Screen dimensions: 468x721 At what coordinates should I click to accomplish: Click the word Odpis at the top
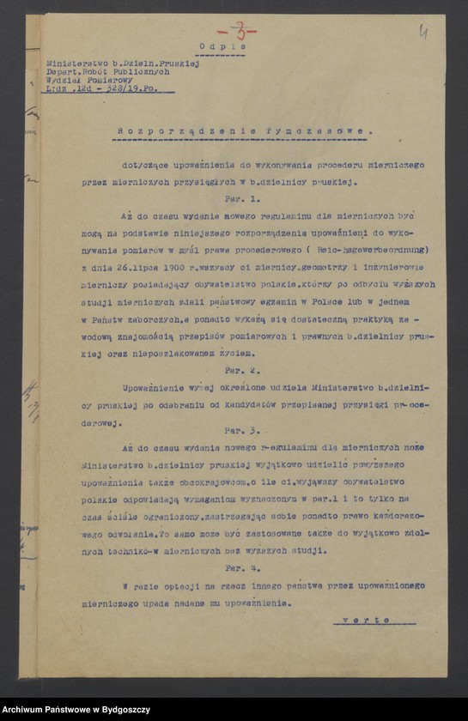click(x=222, y=46)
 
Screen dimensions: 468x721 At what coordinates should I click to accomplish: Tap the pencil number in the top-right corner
click(x=423, y=32)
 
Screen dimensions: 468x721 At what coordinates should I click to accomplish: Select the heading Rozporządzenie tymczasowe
click(x=245, y=131)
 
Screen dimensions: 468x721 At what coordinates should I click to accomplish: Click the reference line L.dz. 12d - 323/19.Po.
click(x=109, y=88)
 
